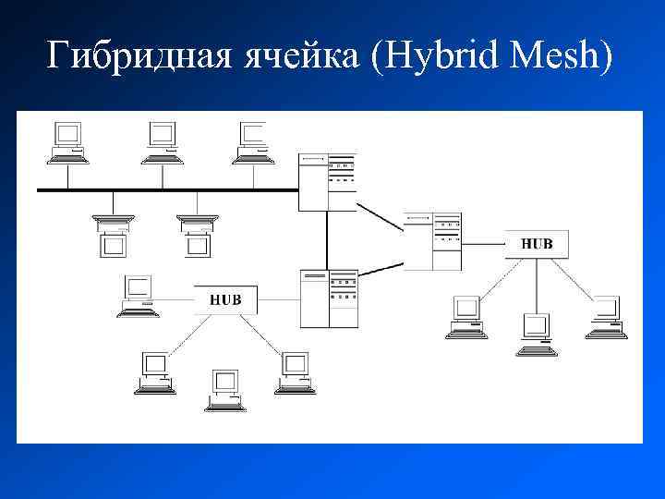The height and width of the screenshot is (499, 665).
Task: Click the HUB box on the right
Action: click(537, 244)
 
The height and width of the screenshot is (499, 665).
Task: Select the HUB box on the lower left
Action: click(225, 299)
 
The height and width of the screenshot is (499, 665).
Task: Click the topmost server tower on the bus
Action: click(327, 182)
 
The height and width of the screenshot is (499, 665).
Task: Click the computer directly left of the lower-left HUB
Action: click(139, 296)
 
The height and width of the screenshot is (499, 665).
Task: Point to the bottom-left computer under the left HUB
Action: click(154, 372)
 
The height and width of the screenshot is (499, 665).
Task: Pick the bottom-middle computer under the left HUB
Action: click(224, 389)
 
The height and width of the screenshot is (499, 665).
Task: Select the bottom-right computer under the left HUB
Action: click(295, 372)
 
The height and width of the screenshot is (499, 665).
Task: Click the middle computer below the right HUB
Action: click(536, 334)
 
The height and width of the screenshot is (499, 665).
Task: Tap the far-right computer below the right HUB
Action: click(607, 316)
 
